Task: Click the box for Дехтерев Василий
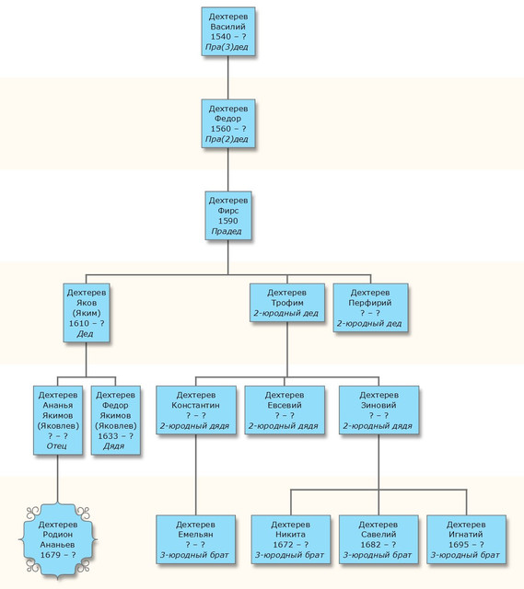coord(228,31)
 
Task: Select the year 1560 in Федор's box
coord(220,129)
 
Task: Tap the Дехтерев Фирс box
coord(228,215)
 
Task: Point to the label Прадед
coord(227,231)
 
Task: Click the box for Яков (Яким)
coord(87,313)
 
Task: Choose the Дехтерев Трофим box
coord(287,303)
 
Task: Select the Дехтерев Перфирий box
coord(370,307)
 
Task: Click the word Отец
coord(57,445)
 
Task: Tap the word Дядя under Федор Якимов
coord(114,445)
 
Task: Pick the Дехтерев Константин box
coord(196,410)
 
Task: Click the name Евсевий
coord(285,405)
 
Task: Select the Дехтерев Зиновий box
coord(378,410)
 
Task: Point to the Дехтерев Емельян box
coord(195,539)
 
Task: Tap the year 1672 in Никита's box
coord(283,545)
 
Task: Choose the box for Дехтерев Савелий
coord(378,539)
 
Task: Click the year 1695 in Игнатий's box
coord(459,545)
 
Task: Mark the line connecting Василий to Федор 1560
coord(228,77)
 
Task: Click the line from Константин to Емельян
coord(196,475)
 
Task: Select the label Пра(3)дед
coord(227,47)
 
